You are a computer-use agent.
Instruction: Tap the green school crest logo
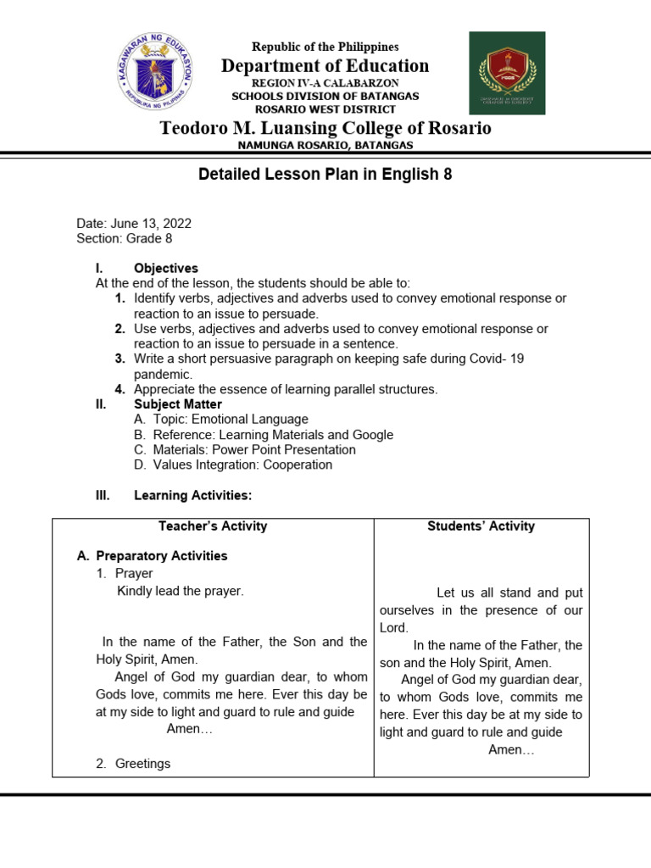pyautogui.click(x=507, y=73)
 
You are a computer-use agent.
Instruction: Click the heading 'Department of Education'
pyautogui.click(x=325, y=66)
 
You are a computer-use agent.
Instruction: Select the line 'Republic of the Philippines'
pyautogui.click(x=325, y=47)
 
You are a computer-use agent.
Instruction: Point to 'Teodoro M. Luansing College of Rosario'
pyautogui.click(x=325, y=128)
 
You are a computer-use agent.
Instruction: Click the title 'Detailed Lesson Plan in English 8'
pyautogui.click(x=325, y=175)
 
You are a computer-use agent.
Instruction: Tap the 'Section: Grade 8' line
pyautogui.click(x=124, y=239)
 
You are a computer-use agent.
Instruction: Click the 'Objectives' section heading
pyautogui.click(x=166, y=268)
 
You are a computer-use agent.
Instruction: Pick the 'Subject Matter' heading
pyautogui.click(x=178, y=404)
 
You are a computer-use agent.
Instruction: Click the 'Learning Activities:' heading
pyautogui.click(x=192, y=495)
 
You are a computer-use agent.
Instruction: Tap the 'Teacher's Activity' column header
pyautogui.click(x=213, y=526)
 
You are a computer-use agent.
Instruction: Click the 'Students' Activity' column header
pyautogui.click(x=481, y=526)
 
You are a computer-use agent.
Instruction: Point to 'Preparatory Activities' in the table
pyautogui.click(x=161, y=556)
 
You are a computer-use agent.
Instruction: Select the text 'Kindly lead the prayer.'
pyautogui.click(x=180, y=591)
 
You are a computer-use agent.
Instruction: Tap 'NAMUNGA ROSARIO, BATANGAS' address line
pyautogui.click(x=325, y=145)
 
